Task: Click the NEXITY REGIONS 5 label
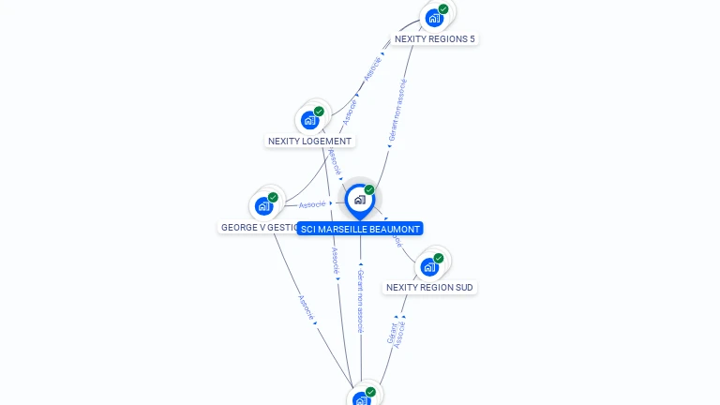point(434,39)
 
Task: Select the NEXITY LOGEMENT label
point(309,142)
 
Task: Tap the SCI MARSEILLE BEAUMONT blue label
point(360,229)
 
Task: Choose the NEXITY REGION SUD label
point(429,288)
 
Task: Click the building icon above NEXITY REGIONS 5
point(434,18)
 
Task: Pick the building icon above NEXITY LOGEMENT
point(309,120)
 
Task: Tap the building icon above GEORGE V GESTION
point(263,206)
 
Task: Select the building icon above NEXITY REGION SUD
point(429,266)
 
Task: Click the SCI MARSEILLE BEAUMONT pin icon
point(359,200)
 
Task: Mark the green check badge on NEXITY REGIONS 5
point(443,9)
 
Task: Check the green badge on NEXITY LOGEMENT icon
point(319,112)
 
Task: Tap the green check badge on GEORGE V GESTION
point(273,198)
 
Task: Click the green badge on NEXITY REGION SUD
point(439,258)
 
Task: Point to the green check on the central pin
point(369,190)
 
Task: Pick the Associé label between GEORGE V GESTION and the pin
point(312,204)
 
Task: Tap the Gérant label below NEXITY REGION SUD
point(392,333)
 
